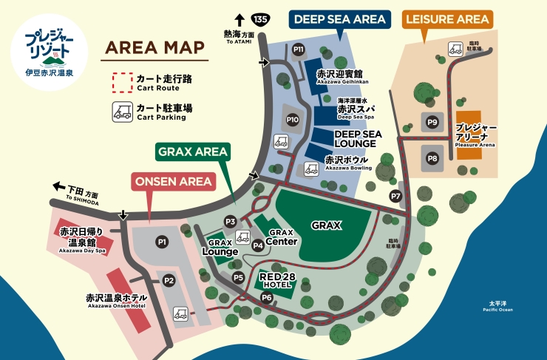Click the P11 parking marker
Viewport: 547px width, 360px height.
[299, 50]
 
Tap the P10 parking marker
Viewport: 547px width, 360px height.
[293, 119]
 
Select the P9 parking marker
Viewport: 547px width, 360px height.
[433, 122]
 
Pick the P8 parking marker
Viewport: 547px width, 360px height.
[433, 158]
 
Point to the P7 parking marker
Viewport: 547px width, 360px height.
[396, 196]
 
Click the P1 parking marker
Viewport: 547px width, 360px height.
[162, 241]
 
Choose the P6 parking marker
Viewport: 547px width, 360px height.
[267, 297]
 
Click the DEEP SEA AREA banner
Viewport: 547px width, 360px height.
[339, 18]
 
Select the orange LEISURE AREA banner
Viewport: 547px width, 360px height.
[446, 18]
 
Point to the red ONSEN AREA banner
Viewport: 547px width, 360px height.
[173, 181]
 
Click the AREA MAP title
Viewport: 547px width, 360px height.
[154, 48]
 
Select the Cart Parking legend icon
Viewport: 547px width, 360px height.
[121, 112]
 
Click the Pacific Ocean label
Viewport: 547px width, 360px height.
[500, 306]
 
